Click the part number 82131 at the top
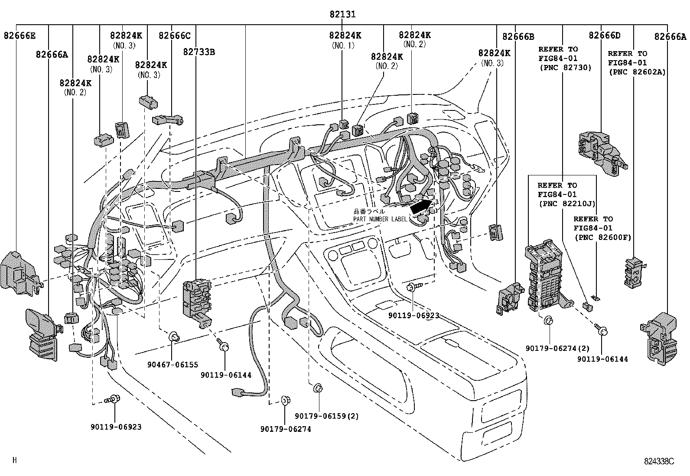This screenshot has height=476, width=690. coord(342,14)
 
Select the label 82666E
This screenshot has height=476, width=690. coord(20,36)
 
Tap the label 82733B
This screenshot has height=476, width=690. coord(199,52)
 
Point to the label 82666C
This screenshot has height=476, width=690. coord(174,36)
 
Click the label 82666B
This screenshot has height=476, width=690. coord(518,36)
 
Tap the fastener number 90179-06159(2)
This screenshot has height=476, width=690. coord(327,416)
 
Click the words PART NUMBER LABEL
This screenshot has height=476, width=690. coord(380,219)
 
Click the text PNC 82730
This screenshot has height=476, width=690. coord(565,68)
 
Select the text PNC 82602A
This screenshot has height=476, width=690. coord(637,72)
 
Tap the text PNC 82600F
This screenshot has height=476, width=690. coord(602,237)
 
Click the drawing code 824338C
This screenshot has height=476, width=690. coord(659,461)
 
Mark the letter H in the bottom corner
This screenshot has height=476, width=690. coord(14,460)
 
